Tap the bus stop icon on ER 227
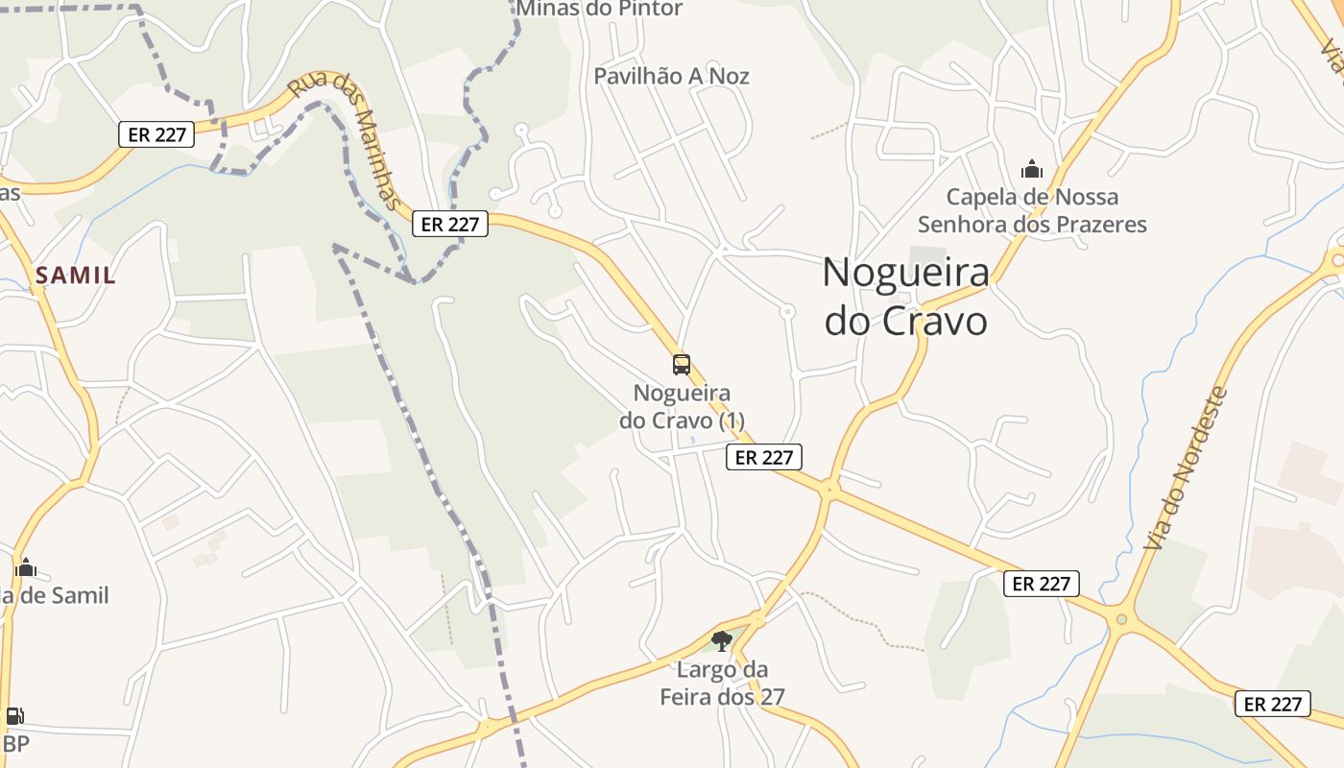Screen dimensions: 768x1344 click(681, 365)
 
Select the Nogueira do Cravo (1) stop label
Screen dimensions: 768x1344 click(682, 407)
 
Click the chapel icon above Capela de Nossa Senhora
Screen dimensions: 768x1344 click(1032, 170)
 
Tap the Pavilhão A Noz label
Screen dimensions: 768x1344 click(671, 76)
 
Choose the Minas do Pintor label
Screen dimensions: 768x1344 click(600, 10)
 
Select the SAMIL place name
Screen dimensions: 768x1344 click(76, 276)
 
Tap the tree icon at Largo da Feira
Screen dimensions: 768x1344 click(722, 640)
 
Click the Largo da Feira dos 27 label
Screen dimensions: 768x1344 click(722, 683)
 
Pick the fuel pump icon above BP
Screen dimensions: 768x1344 click(14, 716)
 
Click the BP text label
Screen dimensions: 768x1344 click(16, 743)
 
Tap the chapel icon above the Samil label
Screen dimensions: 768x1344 click(26, 567)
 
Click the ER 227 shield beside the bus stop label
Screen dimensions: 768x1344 click(763, 457)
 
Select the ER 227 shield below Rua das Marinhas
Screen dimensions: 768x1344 click(450, 224)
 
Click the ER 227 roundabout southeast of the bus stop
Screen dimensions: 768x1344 click(828, 489)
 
